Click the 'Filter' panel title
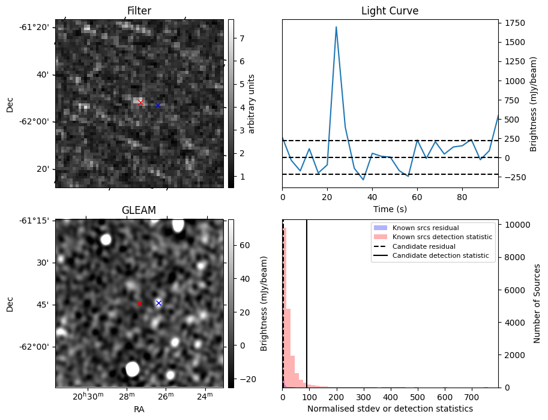tap(139, 11)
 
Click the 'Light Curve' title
tap(390, 11)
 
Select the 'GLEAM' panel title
tap(139, 210)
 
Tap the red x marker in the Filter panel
tap(140, 102)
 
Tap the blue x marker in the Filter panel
tap(158, 105)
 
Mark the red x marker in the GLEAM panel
tap(139, 304)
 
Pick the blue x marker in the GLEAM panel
tap(158, 303)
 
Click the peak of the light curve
tap(336, 27)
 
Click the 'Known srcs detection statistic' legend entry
tap(442, 237)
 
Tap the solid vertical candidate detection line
tap(307, 300)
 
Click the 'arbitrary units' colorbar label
tap(251, 103)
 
